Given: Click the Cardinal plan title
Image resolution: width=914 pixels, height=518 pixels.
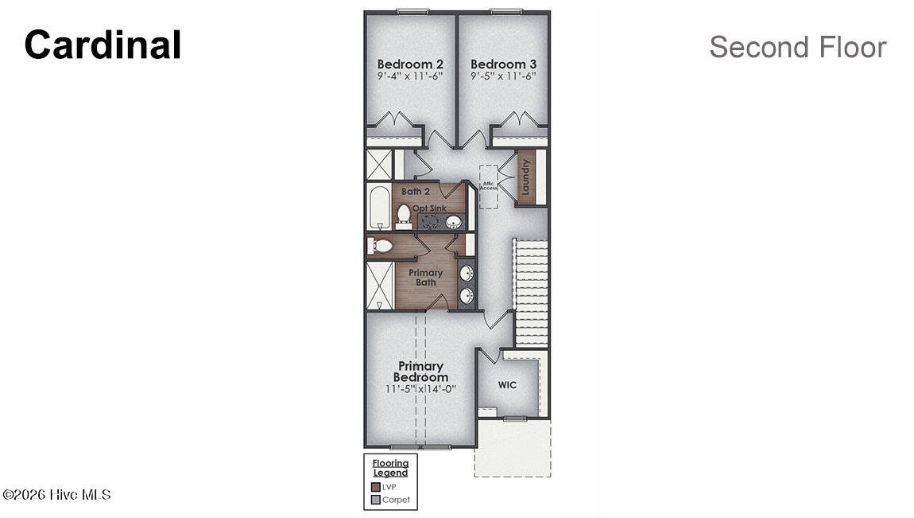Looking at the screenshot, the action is (103, 45).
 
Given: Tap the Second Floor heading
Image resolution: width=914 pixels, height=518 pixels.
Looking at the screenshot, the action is (797, 47).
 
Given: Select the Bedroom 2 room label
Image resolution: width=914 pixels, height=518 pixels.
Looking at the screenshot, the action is (410, 64).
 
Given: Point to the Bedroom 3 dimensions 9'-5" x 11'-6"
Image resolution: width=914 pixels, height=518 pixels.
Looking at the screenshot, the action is (503, 76).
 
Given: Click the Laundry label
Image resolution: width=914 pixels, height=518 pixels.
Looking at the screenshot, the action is (525, 177).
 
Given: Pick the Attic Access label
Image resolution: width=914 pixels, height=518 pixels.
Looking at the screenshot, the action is (489, 185).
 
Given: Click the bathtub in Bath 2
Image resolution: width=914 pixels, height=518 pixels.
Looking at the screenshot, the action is (379, 207).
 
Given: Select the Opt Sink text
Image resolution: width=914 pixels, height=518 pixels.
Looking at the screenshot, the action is (430, 208).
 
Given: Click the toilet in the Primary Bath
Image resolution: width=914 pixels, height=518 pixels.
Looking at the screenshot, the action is (380, 246).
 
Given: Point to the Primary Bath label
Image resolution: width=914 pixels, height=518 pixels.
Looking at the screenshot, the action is (425, 277).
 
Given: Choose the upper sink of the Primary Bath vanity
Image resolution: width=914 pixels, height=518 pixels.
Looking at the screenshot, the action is (467, 273).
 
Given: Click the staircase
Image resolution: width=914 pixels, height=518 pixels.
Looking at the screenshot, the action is (530, 292).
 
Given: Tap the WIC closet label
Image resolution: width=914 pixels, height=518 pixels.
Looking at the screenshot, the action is (507, 385).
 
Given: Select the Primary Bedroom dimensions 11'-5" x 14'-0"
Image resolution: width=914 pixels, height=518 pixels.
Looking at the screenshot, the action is (420, 389).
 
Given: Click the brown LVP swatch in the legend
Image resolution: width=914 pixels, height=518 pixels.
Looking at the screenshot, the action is (376, 486).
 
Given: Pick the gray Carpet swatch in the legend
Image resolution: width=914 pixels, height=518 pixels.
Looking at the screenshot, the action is (376, 500).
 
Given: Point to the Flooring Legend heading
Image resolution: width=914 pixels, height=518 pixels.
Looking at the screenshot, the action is (390, 468).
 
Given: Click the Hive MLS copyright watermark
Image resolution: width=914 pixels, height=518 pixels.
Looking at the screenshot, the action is (56, 495).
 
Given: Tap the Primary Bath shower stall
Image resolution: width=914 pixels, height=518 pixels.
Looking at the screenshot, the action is (380, 285).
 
